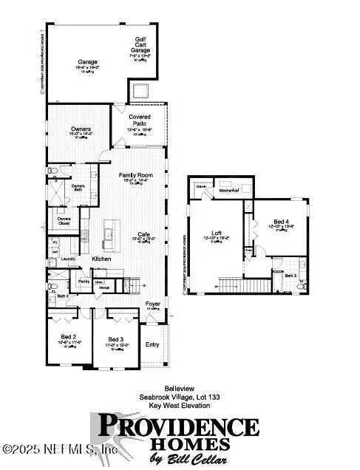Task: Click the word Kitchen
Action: click(x=101, y=259)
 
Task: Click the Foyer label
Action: click(x=152, y=303)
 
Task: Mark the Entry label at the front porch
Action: click(x=152, y=344)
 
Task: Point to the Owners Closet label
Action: click(x=64, y=219)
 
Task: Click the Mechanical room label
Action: click(x=227, y=190)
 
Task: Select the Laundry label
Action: click(x=69, y=259)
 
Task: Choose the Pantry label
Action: click(x=84, y=282)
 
